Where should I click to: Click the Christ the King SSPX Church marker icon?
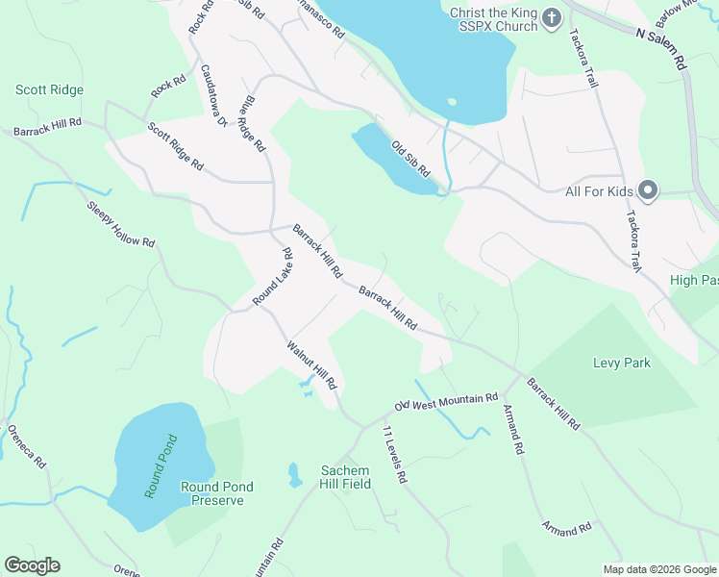tap(552, 17)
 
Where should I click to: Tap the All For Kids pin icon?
tap(648, 191)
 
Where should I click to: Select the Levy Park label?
tap(621, 363)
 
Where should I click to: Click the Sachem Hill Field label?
tap(345, 477)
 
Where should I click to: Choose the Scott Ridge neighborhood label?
tap(49, 89)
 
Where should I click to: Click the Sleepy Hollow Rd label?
tap(120, 225)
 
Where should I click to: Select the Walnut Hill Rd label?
tap(312, 364)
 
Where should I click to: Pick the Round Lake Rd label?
tap(273, 278)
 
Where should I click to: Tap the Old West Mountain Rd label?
tap(446, 401)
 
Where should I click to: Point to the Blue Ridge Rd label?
tap(254, 123)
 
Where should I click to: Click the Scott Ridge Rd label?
tap(174, 146)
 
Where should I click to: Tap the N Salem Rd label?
tap(662, 46)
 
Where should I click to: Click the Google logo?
tap(32, 565)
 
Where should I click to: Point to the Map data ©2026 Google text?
tap(659, 569)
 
